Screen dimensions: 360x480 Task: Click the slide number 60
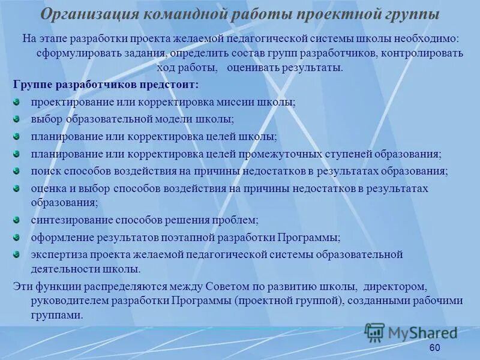click(435, 349)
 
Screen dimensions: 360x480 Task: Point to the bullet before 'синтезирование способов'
click(17, 219)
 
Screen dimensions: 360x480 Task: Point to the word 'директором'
click(399, 286)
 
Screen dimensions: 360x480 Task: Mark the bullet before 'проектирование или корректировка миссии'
click(17, 101)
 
